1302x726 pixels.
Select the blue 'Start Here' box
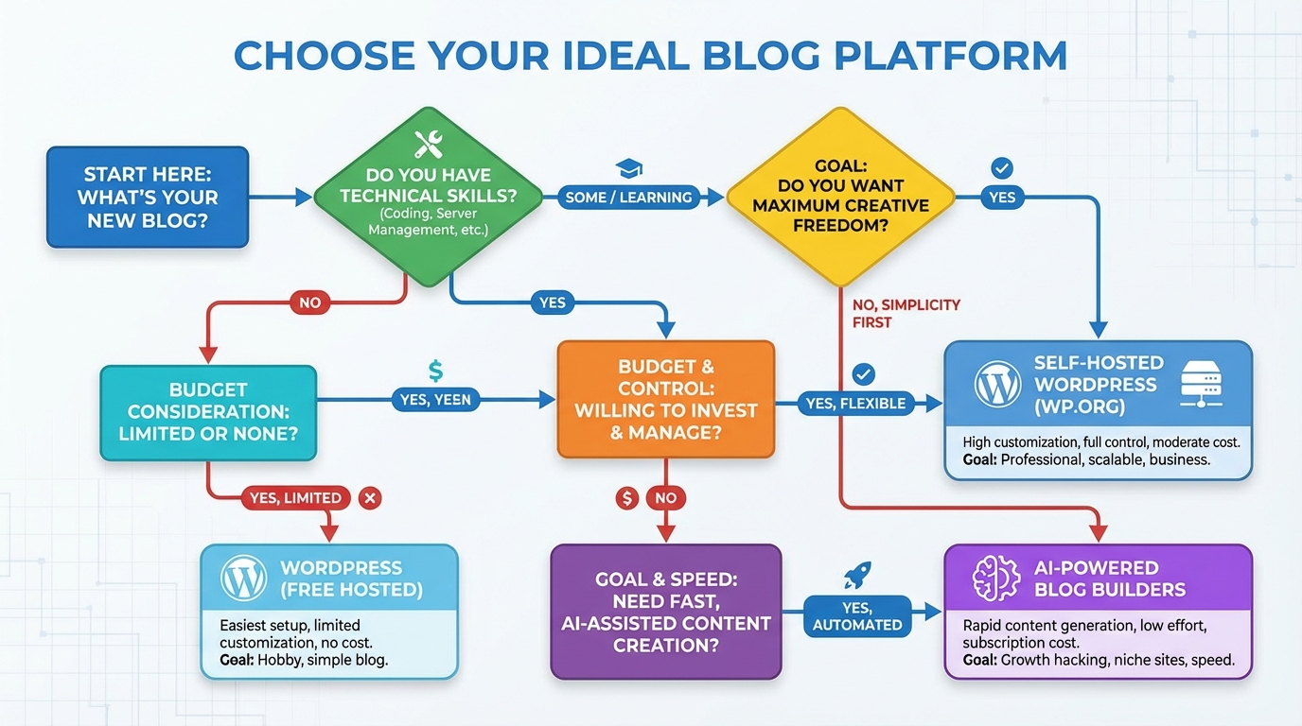click(148, 198)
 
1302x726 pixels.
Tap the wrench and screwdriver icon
click(429, 144)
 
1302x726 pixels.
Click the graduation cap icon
click(628, 169)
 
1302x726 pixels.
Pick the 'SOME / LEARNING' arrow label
click(628, 198)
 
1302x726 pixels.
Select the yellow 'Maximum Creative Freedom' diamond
click(840, 197)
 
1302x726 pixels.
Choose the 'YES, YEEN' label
click(435, 400)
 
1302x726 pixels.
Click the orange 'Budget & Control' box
click(666, 399)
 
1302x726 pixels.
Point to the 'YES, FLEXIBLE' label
click(855, 404)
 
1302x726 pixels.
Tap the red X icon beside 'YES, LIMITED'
click(370, 497)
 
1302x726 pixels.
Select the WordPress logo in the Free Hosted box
click(243, 579)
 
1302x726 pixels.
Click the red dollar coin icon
click(627, 497)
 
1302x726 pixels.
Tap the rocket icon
click(857, 575)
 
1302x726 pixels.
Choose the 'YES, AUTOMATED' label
click(858, 616)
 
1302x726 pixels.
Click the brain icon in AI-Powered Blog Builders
click(995, 579)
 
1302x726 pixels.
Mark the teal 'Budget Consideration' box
click(208, 412)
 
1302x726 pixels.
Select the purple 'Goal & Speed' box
click(666, 611)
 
